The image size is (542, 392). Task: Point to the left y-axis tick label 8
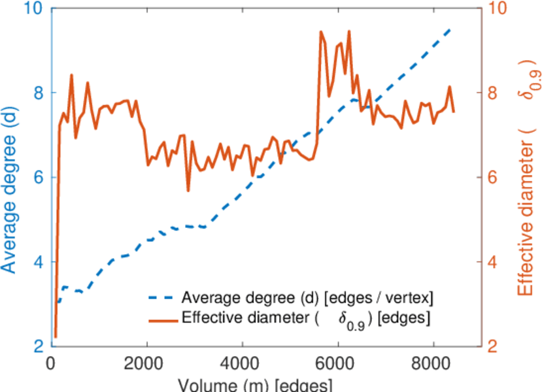tap(37, 93)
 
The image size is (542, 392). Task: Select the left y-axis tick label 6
tap(37, 178)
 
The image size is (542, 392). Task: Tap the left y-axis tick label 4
tap(37, 262)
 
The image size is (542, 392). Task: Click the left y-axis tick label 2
tap(37, 346)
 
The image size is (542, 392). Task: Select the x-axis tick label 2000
tap(146, 364)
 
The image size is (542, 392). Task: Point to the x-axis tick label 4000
tap(242, 364)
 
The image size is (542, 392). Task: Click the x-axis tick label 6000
tap(337, 364)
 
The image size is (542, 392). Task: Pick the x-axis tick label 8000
tap(433, 364)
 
